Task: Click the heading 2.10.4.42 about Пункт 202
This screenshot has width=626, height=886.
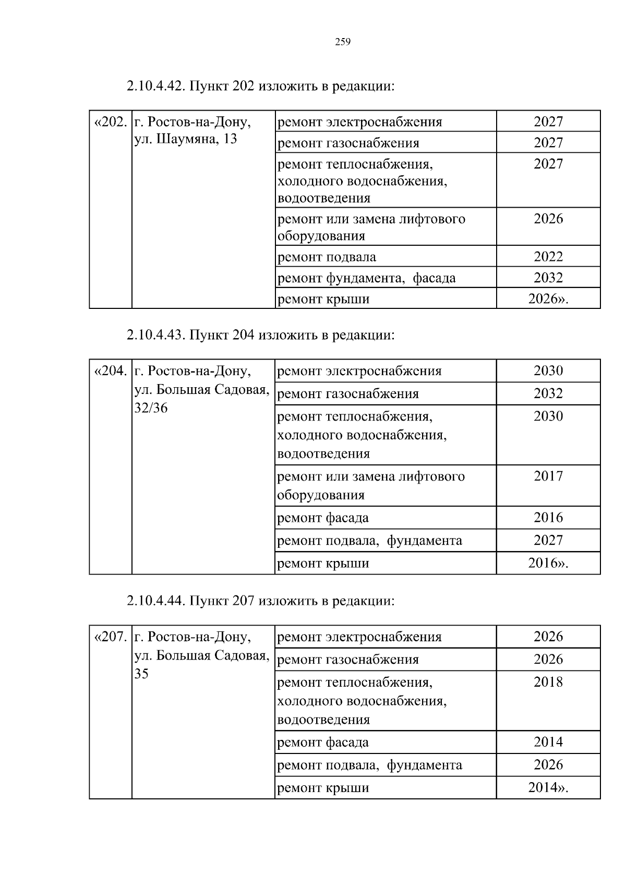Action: tap(260, 86)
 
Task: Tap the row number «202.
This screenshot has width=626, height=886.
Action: tap(110, 122)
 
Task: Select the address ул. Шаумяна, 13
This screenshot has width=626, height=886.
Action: tap(186, 139)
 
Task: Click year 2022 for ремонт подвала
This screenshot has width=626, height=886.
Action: tap(548, 256)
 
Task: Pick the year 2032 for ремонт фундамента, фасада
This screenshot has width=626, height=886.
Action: tap(548, 278)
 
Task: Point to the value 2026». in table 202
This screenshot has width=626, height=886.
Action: tap(548, 299)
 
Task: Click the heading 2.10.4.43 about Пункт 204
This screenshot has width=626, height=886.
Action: tap(260, 334)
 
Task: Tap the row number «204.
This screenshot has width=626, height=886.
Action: tap(110, 371)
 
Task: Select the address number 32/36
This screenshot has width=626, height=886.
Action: tap(151, 408)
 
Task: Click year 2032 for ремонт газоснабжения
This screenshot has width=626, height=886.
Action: tap(548, 393)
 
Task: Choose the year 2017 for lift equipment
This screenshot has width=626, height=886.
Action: tap(548, 476)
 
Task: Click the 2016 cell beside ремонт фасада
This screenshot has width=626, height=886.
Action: tap(548, 518)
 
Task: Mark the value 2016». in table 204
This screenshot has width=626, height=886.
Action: tap(548, 563)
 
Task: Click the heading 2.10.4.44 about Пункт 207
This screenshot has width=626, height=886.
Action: tap(260, 601)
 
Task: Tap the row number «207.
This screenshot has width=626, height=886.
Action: tap(110, 637)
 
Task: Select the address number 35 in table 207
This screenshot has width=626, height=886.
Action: tap(141, 674)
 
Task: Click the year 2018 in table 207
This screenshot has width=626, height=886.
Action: tap(548, 682)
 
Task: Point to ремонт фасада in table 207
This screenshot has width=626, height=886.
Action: tap(322, 742)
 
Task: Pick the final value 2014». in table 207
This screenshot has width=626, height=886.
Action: tap(548, 787)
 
